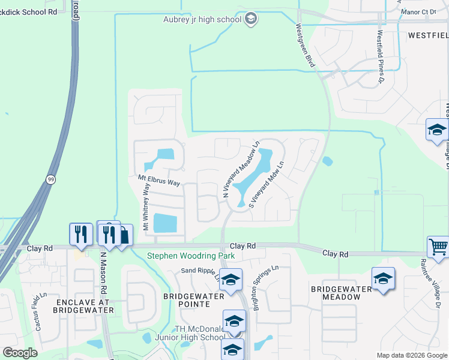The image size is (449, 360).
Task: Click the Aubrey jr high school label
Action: (202, 19)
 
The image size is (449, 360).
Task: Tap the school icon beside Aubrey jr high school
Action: (251, 19)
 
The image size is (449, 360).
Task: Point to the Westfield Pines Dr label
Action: (380, 57)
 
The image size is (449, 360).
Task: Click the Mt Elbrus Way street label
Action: (159, 179)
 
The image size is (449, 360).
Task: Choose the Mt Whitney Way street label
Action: (145, 206)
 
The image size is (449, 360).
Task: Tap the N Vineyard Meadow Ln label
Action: (241, 170)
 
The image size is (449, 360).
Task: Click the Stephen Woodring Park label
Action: (191, 256)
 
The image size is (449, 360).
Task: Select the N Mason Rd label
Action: (103, 269)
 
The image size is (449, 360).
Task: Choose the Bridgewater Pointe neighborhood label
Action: (193, 300)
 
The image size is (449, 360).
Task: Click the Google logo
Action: (20, 353)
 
